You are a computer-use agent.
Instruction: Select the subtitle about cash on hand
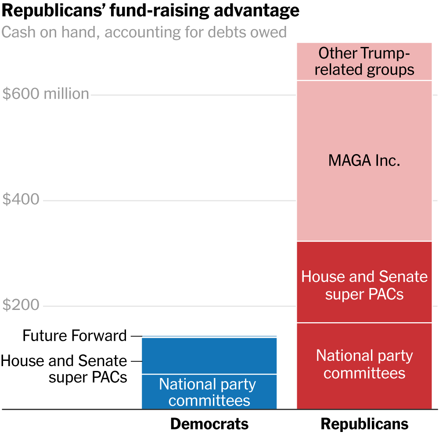(144, 32)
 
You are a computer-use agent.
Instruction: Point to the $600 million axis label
(46, 94)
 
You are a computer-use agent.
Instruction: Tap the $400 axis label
(21, 200)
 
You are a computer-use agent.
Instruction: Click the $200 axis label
(21, 306)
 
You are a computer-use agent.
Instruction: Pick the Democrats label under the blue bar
(209, 424)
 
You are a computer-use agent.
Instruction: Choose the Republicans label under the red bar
(364, 424)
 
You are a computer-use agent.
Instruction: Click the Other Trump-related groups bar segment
(364, 61)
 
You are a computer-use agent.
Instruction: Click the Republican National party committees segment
(364, 386)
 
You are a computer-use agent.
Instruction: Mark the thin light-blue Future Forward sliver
(209, 336)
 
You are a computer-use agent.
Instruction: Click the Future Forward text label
(75, 336)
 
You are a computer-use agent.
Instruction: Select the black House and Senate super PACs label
(64, 369)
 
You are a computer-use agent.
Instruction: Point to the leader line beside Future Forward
(136, 336)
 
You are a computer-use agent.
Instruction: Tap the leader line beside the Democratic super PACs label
(136, 361)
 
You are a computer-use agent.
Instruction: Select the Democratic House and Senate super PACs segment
(209, 356)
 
